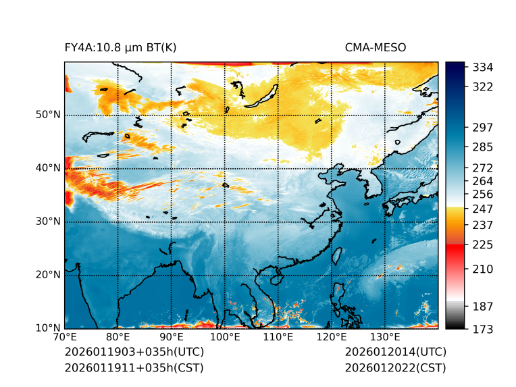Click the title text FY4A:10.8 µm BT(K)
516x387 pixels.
120,48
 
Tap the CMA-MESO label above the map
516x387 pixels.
376,48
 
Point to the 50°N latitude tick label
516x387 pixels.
48,115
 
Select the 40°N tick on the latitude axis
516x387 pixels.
48,168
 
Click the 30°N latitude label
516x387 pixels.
48,222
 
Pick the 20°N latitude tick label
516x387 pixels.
48,275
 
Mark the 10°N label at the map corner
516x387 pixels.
48,328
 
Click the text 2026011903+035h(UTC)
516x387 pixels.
134,353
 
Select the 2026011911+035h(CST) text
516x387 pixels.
134,368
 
